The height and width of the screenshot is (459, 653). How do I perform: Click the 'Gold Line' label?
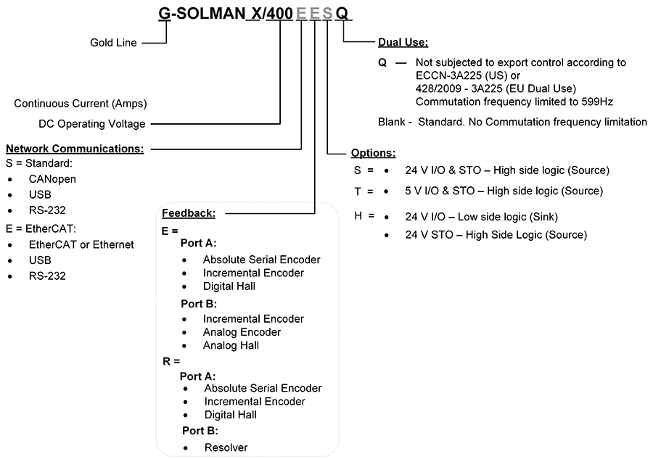[x=113, y=43]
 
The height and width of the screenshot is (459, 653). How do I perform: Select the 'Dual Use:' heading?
[x=403, y=42]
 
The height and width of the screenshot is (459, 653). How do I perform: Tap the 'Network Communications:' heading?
[x=75, y=149]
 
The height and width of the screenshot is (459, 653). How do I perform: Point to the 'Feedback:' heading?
[x=189, y=213]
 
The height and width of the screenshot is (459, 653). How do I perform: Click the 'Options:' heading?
[x=373, y=153]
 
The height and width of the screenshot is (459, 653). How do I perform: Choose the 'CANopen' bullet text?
[x=52, y=179]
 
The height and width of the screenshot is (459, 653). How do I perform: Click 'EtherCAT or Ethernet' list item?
[x=81, y=244]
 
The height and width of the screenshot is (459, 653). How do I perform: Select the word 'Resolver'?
[x=226, y=447]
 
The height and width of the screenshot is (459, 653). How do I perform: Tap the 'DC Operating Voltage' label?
[x=92, y=123]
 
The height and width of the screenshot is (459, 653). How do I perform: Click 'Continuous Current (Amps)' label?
[x=81, y=103]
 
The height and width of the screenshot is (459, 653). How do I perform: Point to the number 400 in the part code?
[x=279, y=14]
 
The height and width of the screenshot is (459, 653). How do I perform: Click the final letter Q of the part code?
[x=342, y=14]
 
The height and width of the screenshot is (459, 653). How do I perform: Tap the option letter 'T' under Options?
[x=358, y=191]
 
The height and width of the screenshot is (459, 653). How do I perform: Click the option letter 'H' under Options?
[x=358, y=215]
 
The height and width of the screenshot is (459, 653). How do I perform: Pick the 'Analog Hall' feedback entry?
[x=231, y=345]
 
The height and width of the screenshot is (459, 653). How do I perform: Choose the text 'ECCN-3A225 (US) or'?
[x=468, y=75]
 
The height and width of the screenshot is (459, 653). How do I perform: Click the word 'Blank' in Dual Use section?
[x=392, y=122]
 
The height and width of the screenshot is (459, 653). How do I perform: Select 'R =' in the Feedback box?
[x=171, y=361]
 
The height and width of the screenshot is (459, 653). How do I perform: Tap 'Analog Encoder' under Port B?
[x=242, y=332]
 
